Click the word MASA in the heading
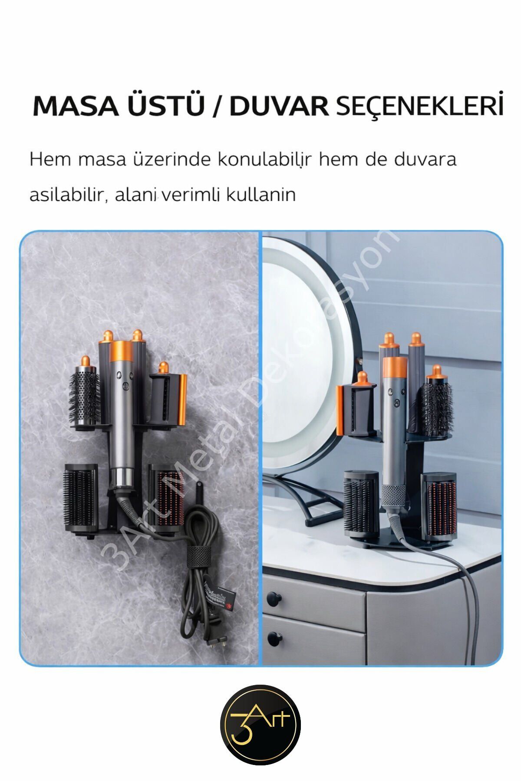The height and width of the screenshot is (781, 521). click(x=75, y=105)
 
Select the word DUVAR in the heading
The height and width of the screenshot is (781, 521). click(x=279, y=105)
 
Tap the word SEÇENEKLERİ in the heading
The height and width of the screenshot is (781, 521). click(x=420, y=105)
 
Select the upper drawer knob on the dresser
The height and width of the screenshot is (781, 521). click(x=273, y=598)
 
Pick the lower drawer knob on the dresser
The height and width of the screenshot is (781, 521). click(x=273, y=638)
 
